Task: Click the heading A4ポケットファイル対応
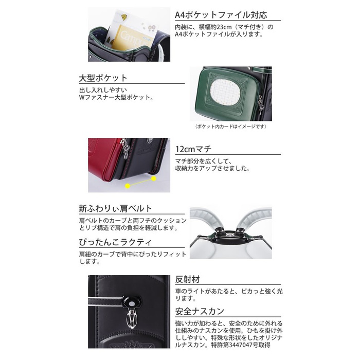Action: pos(221,15)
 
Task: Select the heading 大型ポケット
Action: pos(103,78)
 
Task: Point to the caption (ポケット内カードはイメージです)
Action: pos(231,127)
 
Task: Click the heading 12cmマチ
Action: pos(193,149)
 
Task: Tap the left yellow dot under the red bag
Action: pos(128,186)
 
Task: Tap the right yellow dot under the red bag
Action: pos(154,178)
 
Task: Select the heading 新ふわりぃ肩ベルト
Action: pos(115,208)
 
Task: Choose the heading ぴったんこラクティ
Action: pos(115,242)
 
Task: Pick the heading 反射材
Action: pos(187,279)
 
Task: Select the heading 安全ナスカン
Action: pos(200,311)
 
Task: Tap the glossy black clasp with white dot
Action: pos(131,302)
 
